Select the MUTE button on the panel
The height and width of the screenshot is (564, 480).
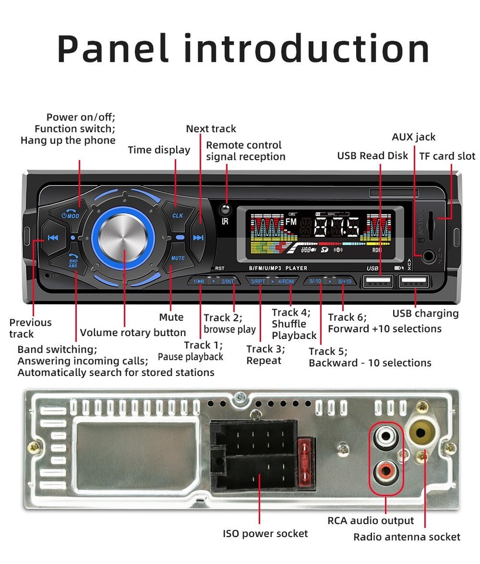coord(177,258)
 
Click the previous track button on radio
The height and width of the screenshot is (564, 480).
coord(53,238)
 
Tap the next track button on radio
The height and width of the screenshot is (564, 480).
coord(198,237)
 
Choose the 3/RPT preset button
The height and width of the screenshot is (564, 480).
coord(259,281)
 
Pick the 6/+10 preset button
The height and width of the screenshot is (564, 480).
coord(344,281)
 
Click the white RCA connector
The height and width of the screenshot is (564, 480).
coord(385,438)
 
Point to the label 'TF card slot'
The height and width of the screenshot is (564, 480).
coord(447,156)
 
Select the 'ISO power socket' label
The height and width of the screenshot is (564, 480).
coord(265,533)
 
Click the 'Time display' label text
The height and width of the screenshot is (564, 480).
coord(159,150)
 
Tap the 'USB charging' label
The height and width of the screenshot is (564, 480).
coord(425,313)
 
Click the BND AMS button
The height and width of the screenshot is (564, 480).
coord(73,263)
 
